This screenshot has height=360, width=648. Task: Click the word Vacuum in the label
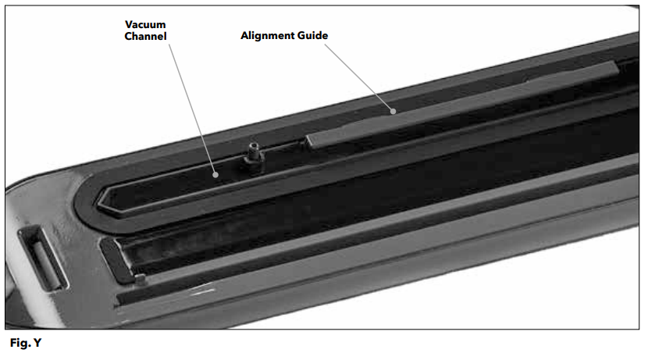tap(145, 24)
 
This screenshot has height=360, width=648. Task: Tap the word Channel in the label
tap(145, 37)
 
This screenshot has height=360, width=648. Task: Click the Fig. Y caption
tap(26, 343)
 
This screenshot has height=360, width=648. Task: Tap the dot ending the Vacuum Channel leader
tap(215, 175)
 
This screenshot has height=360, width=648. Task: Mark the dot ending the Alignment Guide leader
tap(393, 111)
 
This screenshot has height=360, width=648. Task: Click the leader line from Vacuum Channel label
tap(192, 109)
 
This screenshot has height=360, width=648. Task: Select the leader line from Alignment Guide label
tap(358, 78)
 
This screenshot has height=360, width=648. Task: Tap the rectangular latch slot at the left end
tap(41, 258)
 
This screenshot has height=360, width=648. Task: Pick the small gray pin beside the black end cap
tap(141, 280)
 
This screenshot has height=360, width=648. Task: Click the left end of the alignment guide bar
tap(309, 142)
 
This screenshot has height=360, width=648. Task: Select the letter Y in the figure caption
tap(37, 343)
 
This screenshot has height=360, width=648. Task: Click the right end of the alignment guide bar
tap(615, 68)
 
